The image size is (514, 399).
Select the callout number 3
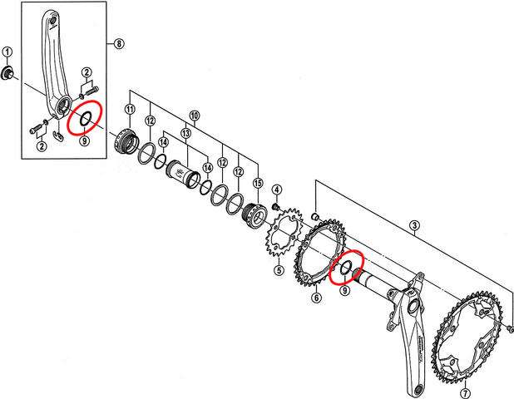click(x=414, y=225)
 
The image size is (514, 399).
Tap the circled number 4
click(x=276, y=190)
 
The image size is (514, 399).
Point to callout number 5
click(x=279, y=269)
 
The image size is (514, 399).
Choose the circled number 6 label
click(x=316, y=298)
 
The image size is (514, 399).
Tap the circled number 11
click(x=130, y=110)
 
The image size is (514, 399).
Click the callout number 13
click(x=185, y=133)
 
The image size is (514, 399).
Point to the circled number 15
click(x=257, y=183)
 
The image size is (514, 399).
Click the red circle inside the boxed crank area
click(x=85, y=119)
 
